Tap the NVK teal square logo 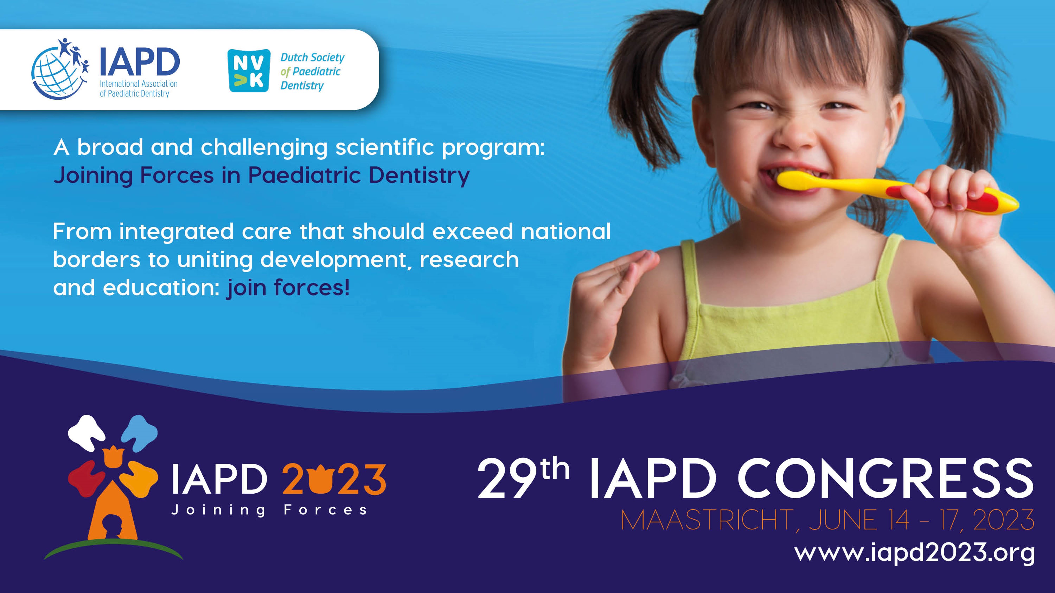click(249, 70)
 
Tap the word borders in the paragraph click(97, 259)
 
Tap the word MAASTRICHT click(707, 520)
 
